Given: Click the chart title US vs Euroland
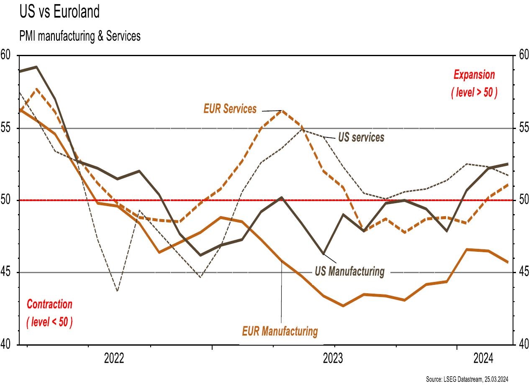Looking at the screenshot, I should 60,13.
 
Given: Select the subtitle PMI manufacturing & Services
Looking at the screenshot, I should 80,36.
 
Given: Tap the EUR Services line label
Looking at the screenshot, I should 230,109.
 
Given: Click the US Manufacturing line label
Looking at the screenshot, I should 349,271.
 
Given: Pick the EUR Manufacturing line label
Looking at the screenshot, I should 280,331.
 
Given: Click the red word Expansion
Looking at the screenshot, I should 474,75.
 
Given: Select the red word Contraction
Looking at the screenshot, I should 49,304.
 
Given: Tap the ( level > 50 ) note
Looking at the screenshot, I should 474,92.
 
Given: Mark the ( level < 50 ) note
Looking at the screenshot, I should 49,323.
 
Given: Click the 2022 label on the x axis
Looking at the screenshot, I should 114,359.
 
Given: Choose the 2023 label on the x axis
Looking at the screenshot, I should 334,359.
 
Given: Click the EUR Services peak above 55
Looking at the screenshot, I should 282,111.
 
